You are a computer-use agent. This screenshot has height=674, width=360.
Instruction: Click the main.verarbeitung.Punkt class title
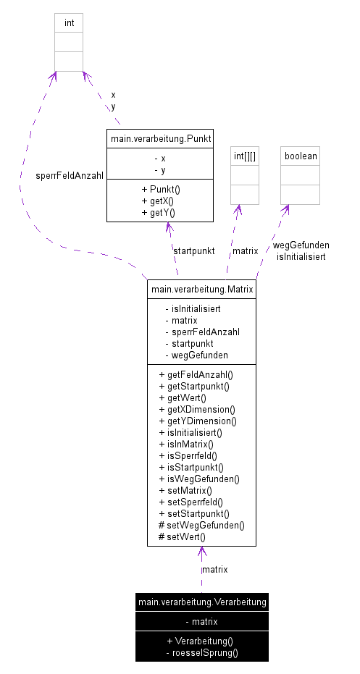click(160, 138)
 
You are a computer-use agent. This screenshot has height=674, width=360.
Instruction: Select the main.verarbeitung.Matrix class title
click(201, 290)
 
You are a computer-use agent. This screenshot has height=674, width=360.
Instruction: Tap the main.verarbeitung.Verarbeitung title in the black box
click(201, 602)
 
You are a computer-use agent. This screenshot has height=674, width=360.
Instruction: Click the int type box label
click(69, 23)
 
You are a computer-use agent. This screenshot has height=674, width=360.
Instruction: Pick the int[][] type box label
click(245, 156)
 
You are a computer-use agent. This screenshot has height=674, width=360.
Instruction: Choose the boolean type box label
click(300, 156)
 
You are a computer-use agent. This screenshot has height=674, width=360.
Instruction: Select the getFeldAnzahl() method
click(200, 374)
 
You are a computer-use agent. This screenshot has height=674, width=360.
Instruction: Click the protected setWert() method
click(182, 536)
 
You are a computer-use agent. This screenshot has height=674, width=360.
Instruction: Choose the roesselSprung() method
click(202, 652)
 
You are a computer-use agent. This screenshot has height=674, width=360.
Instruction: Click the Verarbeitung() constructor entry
click(202, 641)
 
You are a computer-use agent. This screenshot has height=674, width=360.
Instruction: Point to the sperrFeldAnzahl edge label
click(70, 175)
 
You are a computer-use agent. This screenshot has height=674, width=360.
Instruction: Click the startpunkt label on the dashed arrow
click(193, 250)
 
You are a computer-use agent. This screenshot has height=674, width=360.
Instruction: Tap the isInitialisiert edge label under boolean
click(301, 256)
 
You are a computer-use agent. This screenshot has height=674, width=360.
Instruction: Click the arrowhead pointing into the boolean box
click(287, 209)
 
